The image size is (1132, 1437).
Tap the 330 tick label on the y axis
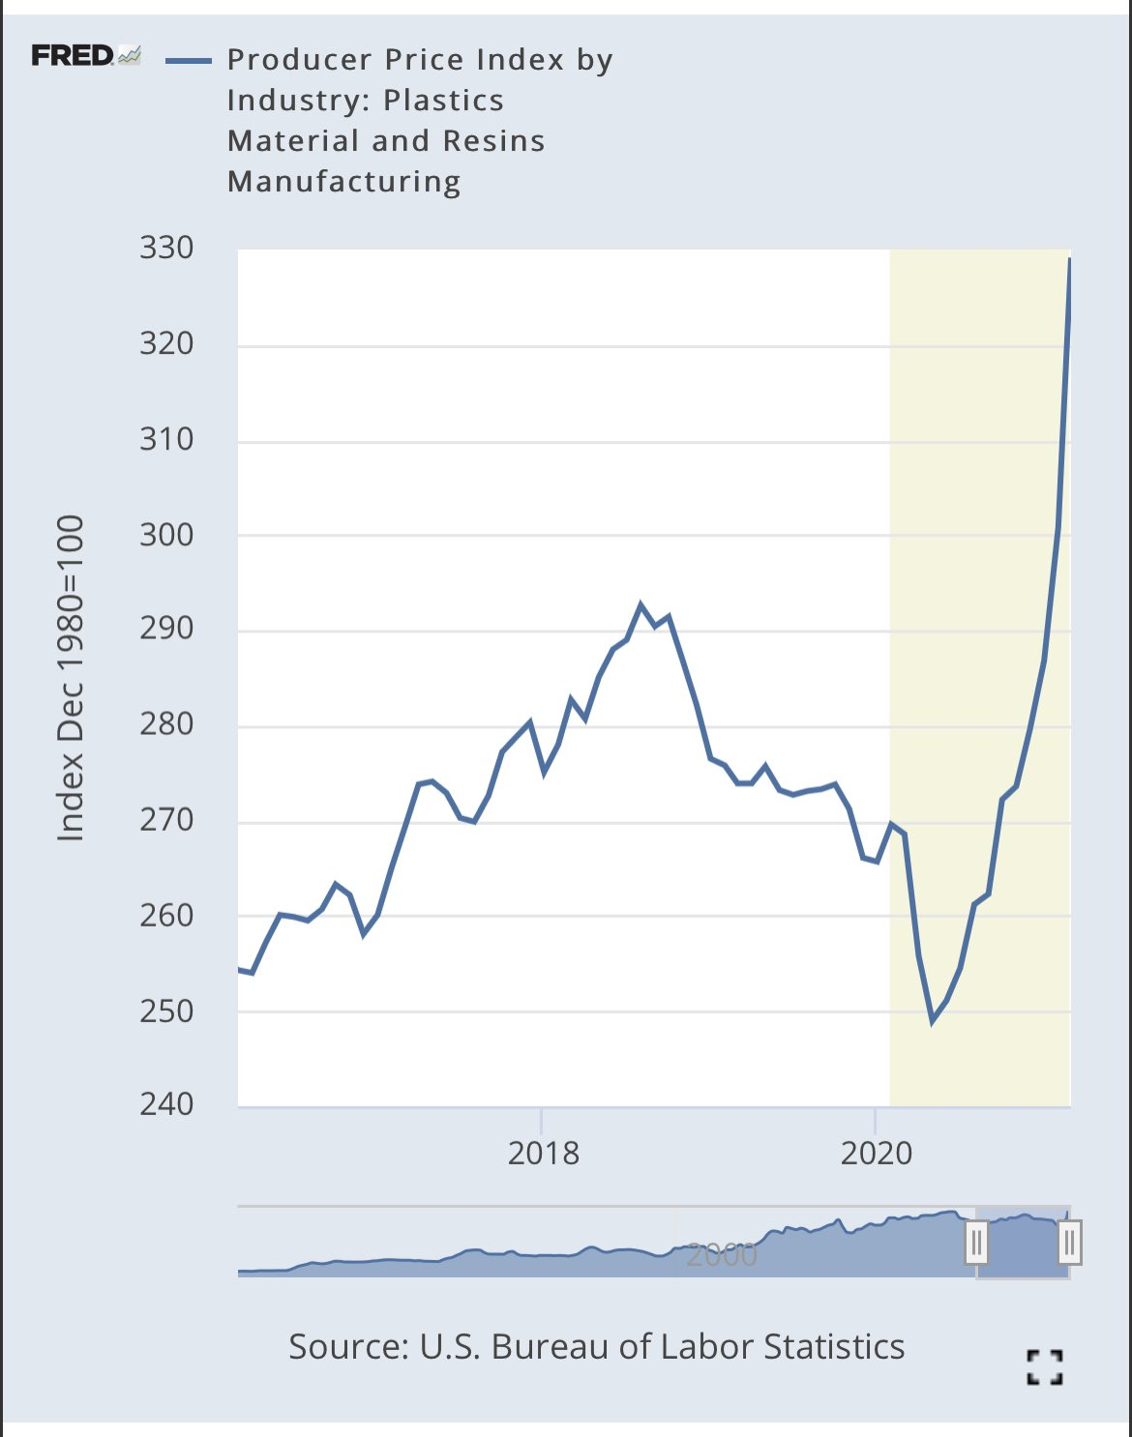166,249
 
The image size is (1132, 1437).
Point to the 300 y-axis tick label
166,535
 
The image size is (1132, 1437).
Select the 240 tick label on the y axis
166,1104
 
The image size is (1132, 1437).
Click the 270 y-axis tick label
166,820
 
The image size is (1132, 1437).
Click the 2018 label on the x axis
543,1153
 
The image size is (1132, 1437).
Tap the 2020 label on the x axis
876,1153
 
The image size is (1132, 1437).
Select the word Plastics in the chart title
443,101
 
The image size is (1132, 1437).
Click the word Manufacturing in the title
343,182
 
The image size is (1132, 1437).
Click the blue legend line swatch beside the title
188,61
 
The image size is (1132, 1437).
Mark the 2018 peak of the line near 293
640,604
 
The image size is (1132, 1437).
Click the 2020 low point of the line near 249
933,1021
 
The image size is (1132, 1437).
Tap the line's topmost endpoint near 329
1069,259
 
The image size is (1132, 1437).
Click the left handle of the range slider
976,1243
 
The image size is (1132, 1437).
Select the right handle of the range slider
1069,1243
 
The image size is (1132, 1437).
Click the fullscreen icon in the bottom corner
1044,1367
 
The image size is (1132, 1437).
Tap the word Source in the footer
346,1347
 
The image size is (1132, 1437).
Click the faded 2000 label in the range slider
721,1255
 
